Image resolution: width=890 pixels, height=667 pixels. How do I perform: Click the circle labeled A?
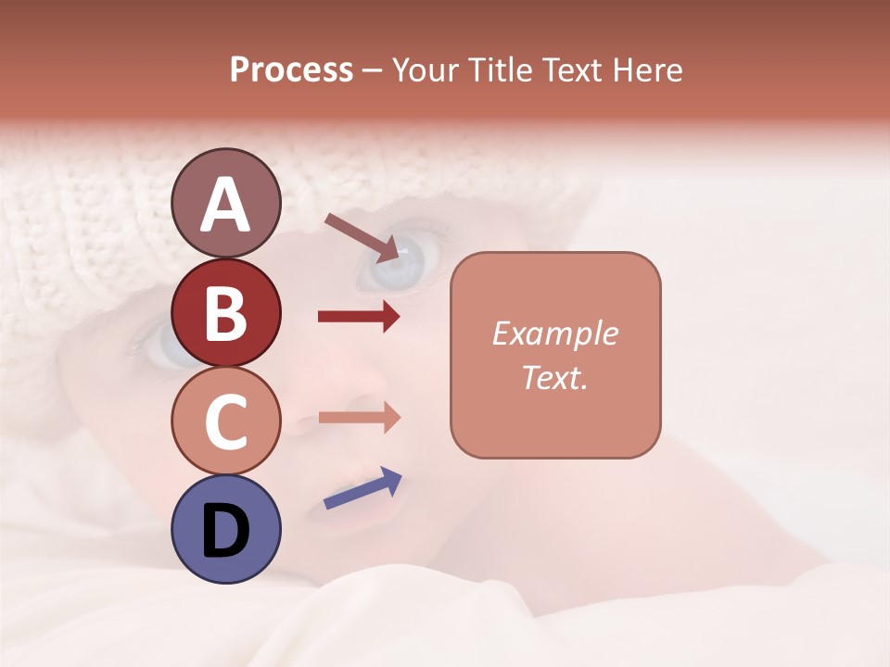(225, 203)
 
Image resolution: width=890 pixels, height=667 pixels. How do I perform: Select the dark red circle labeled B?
(225, 312)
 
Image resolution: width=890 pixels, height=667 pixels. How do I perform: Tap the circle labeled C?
(225, 421)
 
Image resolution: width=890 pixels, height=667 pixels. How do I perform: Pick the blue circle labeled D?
(225, 529)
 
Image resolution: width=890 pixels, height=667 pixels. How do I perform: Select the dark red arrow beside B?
(359, 317)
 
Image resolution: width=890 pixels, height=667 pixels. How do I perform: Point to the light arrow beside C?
(359, 417)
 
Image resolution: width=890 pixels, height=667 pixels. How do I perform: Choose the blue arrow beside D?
(362, 488)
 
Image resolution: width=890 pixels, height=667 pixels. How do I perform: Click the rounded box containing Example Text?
(555, 355)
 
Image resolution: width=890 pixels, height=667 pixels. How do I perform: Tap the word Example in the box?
(555, 333)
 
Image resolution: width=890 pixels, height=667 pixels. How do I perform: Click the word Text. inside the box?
(555, 377)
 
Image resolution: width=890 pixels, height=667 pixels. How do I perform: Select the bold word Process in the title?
(291, 70)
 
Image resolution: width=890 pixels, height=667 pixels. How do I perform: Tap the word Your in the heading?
(423, 70)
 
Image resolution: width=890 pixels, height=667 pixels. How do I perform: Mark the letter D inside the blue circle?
(225, 531)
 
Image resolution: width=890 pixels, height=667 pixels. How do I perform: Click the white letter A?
(225, 205)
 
